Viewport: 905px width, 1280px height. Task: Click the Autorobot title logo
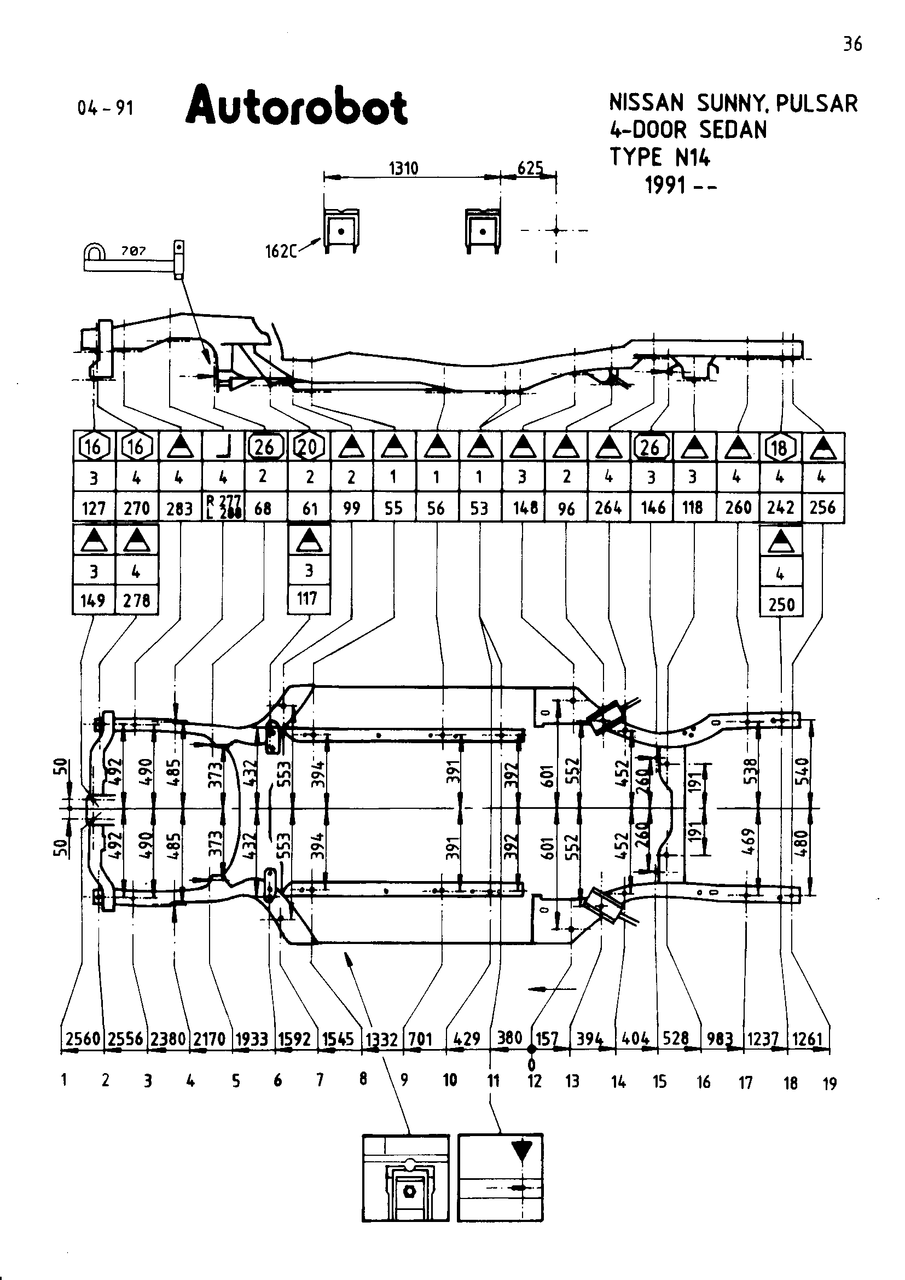(297, 105)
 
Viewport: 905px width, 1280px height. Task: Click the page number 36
(852, 44)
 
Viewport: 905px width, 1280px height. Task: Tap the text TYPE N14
(660, 157)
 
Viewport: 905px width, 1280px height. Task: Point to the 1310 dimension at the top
(404, 168)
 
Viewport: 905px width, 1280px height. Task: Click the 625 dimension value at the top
(530, 168)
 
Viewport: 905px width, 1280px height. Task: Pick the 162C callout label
(279, 251)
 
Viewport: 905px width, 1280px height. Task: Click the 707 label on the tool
(134, 251)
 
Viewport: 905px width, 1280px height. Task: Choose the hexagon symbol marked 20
(308, 447)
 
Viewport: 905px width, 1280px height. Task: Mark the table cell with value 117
(308, 599)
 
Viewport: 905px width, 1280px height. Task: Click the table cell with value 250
(781, 604)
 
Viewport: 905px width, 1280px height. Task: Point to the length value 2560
(83, 1039)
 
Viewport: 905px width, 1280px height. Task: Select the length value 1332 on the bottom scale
(382, 1039)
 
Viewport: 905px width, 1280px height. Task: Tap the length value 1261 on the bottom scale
(808, 1039)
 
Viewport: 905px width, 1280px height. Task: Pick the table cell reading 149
(93, 600)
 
